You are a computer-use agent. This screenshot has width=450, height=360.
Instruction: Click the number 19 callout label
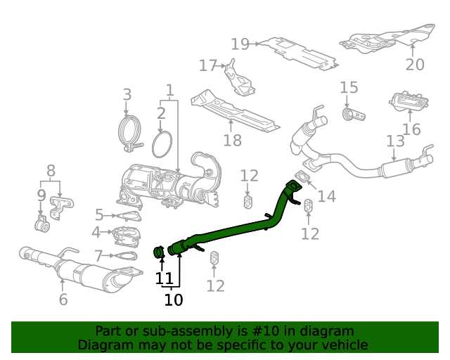click(x=240, y=44)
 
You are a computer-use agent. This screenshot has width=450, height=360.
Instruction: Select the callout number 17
click(x=208, y=66)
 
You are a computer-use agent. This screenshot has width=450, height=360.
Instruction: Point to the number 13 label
click(x=395, y=141)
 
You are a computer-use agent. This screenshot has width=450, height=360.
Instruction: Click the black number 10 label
click(x=173, y=300)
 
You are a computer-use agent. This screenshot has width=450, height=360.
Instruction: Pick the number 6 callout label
click(x=63, y=300)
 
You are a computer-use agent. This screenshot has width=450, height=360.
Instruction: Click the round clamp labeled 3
click(x=127, y=131)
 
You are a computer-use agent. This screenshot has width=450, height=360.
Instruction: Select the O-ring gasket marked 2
click(x=162, y=144)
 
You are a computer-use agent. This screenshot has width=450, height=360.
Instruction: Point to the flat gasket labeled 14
click(x=301, y=177)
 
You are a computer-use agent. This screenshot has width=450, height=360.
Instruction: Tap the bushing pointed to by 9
click(x=41, y=226)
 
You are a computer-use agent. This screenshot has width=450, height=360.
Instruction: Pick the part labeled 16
click(x=409, y=103)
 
